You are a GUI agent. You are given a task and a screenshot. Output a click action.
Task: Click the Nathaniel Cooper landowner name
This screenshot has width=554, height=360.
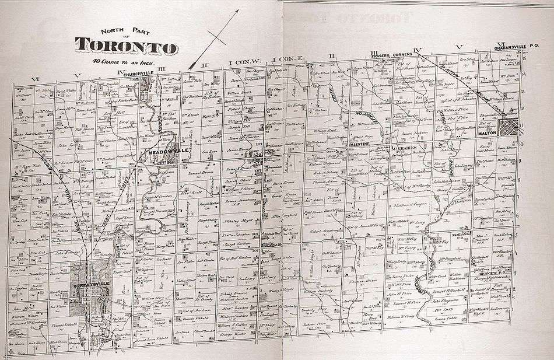[x=406, y=205]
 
